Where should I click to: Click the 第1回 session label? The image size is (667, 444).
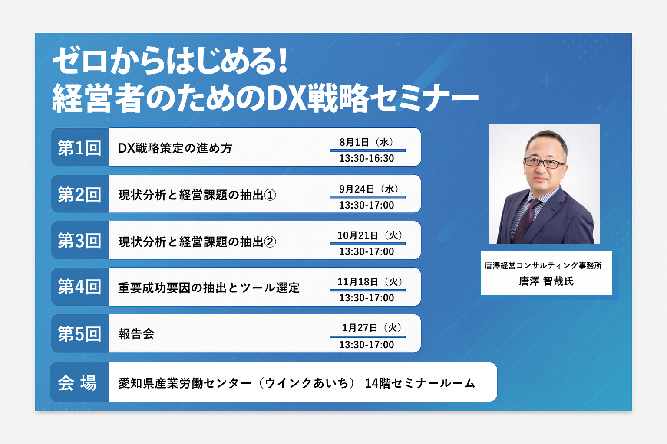point(79,148)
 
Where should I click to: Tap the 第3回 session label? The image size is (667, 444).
point(79,241)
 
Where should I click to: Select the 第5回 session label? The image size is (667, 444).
point(79,334)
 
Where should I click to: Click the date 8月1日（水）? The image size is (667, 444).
point(367,142)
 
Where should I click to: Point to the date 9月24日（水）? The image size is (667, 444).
point(369,189)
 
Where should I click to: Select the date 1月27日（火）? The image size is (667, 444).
point(372,328)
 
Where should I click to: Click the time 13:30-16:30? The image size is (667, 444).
point(367,159)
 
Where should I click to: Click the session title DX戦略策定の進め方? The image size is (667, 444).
point(175,148)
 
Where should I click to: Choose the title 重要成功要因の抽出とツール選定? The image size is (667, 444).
point(209,288)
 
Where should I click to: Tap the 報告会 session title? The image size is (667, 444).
point(136,334)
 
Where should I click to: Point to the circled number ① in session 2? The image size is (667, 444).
point(270,196)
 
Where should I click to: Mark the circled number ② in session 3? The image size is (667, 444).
point(270,242)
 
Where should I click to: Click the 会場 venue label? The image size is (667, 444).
point(77,383)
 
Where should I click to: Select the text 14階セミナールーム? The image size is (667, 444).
point(420,383)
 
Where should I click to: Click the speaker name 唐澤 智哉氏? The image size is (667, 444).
point(546,281)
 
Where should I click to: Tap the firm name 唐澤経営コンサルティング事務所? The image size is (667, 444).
point(543,265)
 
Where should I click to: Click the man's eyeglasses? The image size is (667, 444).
point(544,163)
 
